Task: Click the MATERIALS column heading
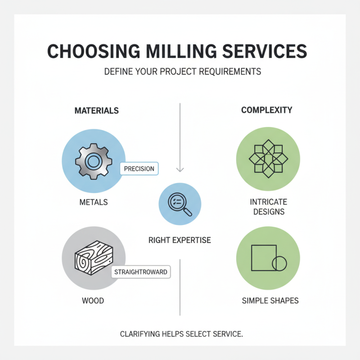pyautogui.click(x=96, y=110)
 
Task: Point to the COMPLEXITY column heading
pyautogui.click(x=266, y=110)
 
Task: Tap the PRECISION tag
pyautogui.click(x=139, y=169)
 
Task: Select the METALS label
pyautogui.click(x=93, y=202)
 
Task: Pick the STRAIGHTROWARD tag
pyautogui.click(x=140, y=272)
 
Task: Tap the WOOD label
pyautogui.click(x=93, y=300)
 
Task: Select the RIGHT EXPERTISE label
pyautogui.click(x=180, y=240)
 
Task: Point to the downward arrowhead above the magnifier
pyautogui.click(x=180, y=170)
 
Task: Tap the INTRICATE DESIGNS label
pyautogui.click(x=268, y=207)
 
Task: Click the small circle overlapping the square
pyautogui.click(x=279, y=262)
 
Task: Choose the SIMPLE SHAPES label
pyautogui.click(x=270, y=300)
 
